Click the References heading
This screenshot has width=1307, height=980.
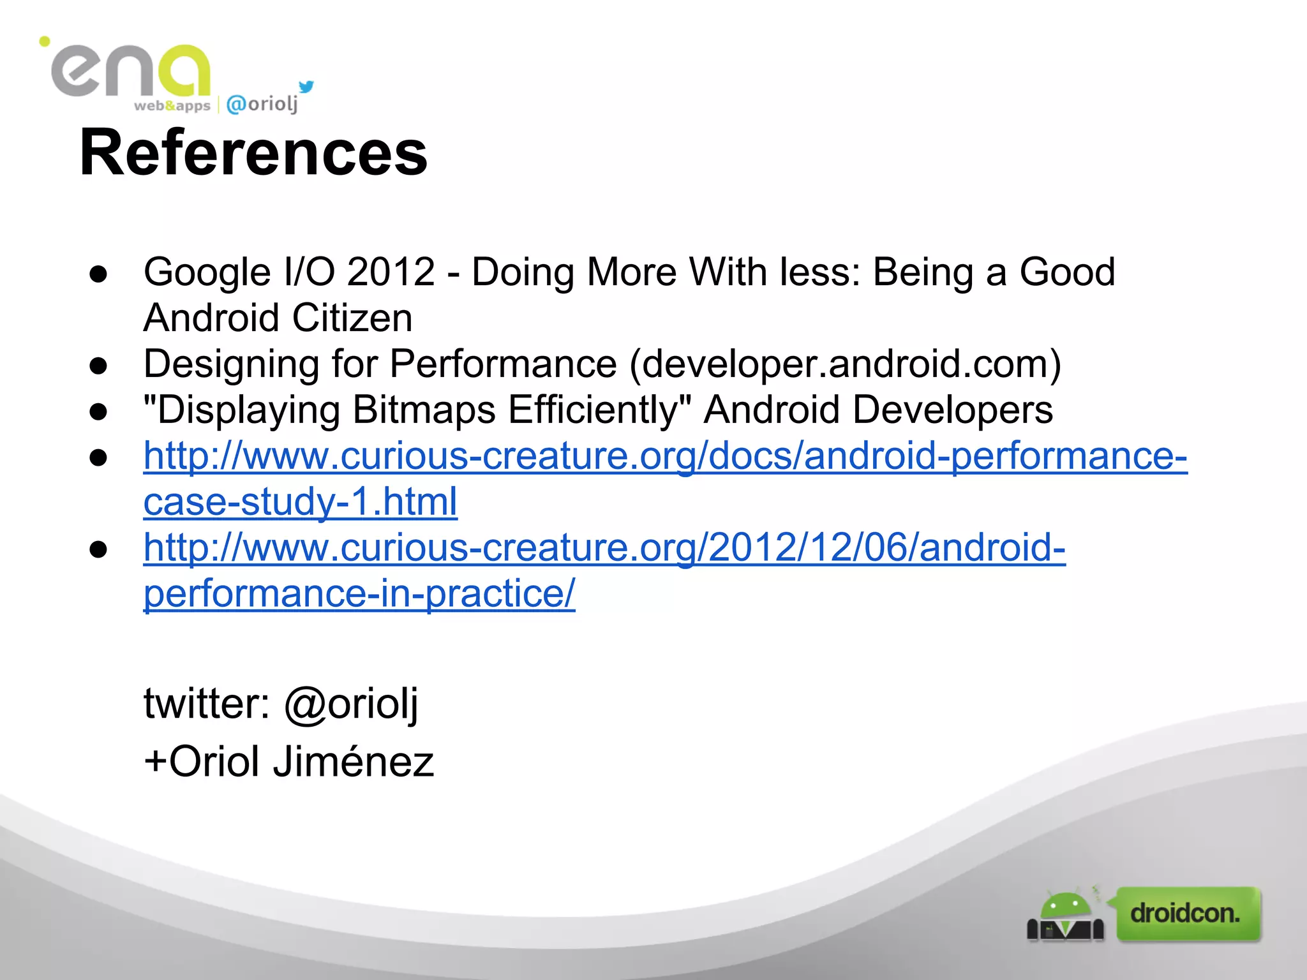pyautogui.click(x=253, y=153)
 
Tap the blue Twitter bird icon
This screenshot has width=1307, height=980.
pyautogui.click(x=306, y=87)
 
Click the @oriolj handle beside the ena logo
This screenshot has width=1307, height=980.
pyautogui.click(x=262, y=104)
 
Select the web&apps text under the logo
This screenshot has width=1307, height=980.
pyautogui.click(x=172, y=106)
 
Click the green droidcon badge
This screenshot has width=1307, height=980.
pyautogui.click(x=1188, y=914)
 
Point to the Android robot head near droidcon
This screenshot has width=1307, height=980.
pyautogui.click(x=1065, y=905)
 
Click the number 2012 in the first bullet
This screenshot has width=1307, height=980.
pyautogui.click(x=391, y=272)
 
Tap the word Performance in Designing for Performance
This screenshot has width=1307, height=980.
pyautogui.click(x=503, y=364)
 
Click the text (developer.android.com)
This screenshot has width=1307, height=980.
pyautogui.click(x=846, y=364)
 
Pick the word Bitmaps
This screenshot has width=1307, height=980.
pyautogui.click(x=424, y=410)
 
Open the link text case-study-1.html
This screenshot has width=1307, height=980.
pyautogui.click(x=300, y=501)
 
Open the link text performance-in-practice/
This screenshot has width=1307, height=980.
pyautogui.click(x=359, y=593)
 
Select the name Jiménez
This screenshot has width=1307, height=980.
pyautogui.click(x=353, y=761)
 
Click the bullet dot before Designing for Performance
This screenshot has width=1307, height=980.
pyautogui.click(x=98, y=366)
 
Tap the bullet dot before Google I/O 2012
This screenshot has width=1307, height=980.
pyautogui.click(x=98, y=274)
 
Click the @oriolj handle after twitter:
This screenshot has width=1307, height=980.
pyautogui.click(x=351, y=704)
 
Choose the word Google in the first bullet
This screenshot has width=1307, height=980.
pyautogui.click(x=207, y=272)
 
